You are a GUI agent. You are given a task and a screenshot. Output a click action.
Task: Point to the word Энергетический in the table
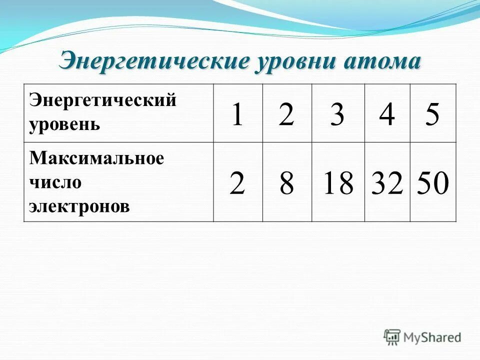click(x=103, y=100)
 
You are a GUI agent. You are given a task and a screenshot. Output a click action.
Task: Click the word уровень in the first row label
click(x=64, y=123)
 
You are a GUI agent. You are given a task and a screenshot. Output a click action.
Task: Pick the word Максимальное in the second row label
click(x=96, y=158)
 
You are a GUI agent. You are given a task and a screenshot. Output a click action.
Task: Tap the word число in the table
click(x=55, y=182)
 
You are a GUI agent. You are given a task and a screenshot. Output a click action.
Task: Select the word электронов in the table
click(x=79, y=206)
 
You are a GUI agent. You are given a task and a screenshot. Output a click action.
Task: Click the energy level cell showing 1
click(x=237, y=114)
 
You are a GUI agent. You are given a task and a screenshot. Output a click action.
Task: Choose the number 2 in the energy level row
click(x=286, y=114)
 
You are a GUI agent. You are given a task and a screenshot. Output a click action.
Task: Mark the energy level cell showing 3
click(x=337, y=114)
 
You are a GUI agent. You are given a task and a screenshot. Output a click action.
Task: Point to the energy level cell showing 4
click(x=387, y=114)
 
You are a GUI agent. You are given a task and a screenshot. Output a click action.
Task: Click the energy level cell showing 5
click(x=432, y=114)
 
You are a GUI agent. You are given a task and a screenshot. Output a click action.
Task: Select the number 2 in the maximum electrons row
click(x=237, y=183)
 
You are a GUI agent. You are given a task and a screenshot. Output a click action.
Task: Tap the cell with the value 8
click(x=286, y=183)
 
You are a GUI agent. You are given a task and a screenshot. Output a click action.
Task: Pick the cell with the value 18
click(x=338, y=183)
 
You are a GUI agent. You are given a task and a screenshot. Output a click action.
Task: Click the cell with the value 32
click(x=387, y=183)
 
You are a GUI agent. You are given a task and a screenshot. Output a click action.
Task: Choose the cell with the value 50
click(x=433, y=183)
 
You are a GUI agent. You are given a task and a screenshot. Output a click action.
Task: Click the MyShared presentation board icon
click(x=392, y=336)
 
